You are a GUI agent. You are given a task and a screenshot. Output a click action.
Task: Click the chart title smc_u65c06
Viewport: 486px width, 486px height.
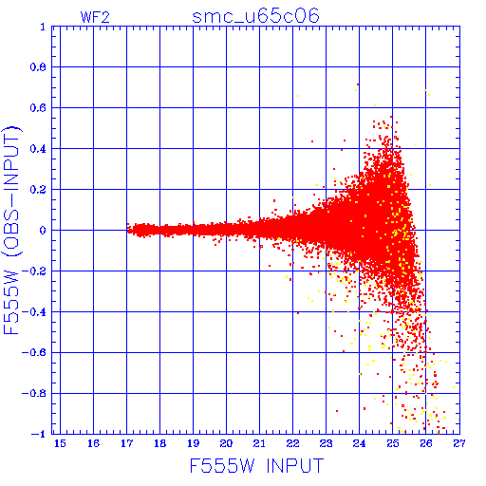(255, 16)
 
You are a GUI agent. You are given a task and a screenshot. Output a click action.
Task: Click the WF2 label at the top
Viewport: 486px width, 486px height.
(95, 17)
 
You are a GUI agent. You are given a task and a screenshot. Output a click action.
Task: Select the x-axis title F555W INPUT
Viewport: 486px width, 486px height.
(256, 465)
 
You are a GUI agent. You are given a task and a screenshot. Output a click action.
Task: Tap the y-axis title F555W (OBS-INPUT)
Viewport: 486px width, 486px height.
(11, 230)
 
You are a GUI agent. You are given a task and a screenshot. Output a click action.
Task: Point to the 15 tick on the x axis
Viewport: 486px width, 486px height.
(60, 443)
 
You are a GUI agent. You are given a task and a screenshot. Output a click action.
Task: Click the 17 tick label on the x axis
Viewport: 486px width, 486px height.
(126, 443)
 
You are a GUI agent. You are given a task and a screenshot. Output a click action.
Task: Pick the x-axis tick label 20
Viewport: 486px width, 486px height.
(226, 443)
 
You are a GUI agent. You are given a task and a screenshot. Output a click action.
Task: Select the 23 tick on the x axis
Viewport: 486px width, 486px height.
(326, 443)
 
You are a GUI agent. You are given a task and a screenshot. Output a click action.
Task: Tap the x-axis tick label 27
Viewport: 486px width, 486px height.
(459, 443)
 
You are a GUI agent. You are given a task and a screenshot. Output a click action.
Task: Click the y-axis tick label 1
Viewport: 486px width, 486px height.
(43, 27)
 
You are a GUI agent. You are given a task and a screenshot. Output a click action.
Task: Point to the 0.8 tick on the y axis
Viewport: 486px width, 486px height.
(38, 67)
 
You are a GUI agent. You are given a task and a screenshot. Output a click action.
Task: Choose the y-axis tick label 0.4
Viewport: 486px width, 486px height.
(38, 149)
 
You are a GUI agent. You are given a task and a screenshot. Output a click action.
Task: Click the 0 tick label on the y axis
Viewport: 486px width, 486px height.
(43, 231)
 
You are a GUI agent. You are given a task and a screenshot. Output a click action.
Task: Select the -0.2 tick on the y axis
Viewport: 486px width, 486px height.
(34, 271)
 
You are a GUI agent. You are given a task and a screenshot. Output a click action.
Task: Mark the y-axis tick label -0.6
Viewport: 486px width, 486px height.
(34, 352)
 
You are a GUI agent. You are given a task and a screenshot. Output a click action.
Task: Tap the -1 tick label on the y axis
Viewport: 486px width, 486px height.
(39, 434)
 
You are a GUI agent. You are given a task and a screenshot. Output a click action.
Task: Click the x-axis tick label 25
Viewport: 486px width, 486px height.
(392, 443)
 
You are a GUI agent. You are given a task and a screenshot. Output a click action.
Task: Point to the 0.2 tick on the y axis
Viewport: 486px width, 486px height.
(38, 190)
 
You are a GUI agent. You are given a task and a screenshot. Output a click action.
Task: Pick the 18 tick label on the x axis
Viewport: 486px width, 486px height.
(159, 443)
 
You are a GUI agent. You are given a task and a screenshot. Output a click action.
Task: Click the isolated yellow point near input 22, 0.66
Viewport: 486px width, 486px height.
(298, 96)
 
